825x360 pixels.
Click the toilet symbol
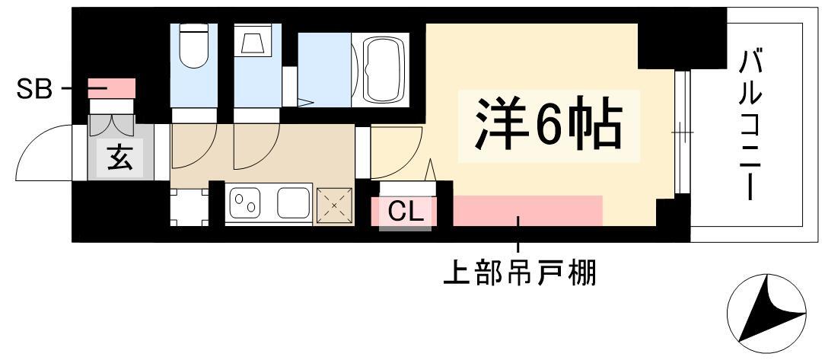(x=194, y=46)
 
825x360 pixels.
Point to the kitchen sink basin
(x=294, y=202)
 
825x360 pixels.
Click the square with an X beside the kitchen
(x=335, y=205)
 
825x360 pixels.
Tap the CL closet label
(x=406, y=212)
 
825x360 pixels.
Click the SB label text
(x=35, y=89)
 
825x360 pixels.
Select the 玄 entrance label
(x=120, y=158)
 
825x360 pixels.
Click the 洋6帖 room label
(x=549, y=125)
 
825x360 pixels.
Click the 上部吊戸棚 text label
(x=519, y=273)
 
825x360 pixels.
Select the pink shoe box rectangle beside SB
(x=112, y=88)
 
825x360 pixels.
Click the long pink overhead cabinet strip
(x=527, y=211)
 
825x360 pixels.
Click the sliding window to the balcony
(x=682, y=132)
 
